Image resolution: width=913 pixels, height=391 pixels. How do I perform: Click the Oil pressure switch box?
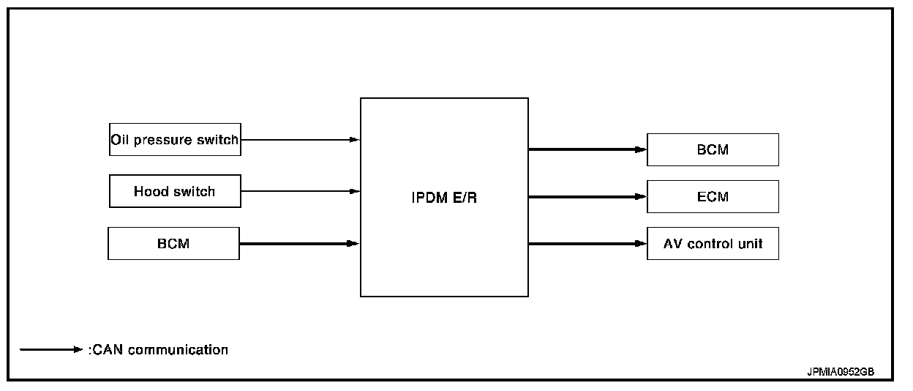pyautogui.click(x=175, y=139)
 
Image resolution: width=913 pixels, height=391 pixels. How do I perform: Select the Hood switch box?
pyautogui.click(x=175, y=191)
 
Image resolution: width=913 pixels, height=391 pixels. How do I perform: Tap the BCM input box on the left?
pyautogui.click(x=173, y=243)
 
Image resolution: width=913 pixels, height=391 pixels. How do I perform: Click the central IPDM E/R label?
pyautogui.click(x=444, y=198)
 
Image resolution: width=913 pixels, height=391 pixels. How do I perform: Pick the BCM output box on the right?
pyautogui.click(x=713, y=149)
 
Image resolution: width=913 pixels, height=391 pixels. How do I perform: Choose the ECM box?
pyautogui.click(x=713, y=196)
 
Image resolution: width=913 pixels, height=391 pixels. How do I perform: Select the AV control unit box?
pyautogui.click(x=713, y=243)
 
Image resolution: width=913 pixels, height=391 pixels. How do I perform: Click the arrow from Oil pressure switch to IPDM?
pyautogui.click(x=300, y=139)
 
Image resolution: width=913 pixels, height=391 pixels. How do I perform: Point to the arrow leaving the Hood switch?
pyautogui.click(x=300, y=191)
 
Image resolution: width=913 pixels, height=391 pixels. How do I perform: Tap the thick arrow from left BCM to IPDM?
pyautogui.click(x=300, y=243)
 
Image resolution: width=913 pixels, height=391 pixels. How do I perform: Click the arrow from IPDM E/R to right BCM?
pyautogui.click(x=587, y=149)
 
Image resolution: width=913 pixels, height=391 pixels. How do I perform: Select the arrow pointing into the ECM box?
pyautogui.click(x=587, y=196)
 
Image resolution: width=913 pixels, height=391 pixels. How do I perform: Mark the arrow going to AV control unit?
pyautogui.click(x=587, y=243)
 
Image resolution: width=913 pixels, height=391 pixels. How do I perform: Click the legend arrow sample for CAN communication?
pyautogui.click(x=51, y=350)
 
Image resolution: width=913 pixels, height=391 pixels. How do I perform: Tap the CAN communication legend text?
pyautogui.click(x=159, y=350)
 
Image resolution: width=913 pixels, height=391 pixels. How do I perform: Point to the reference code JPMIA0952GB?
pyautogui.click(x=840, y=372)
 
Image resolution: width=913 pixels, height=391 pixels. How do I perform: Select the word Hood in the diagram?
pyautogui.click(x=151, y=191)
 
